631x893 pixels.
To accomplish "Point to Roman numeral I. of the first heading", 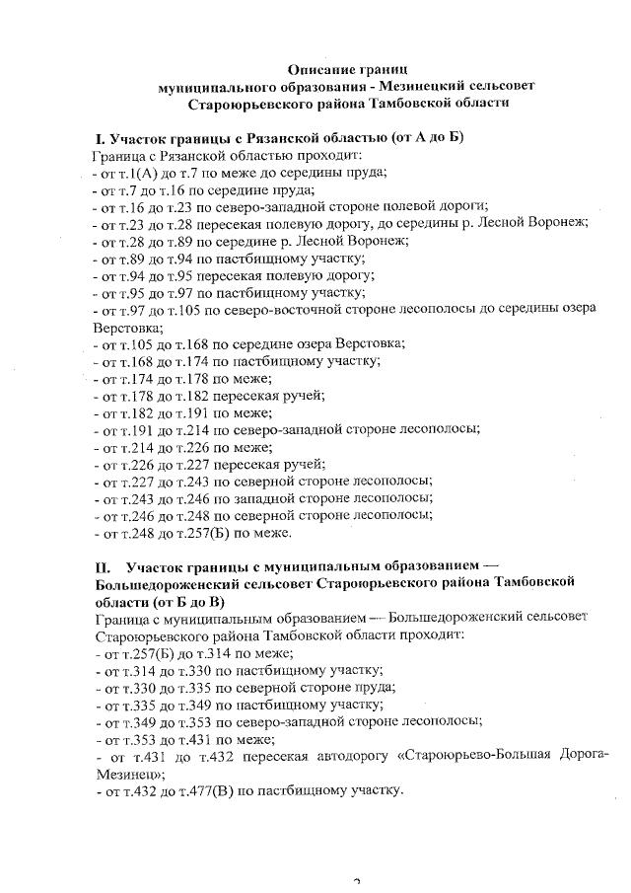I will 99,138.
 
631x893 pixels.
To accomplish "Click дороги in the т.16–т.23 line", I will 463,205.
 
